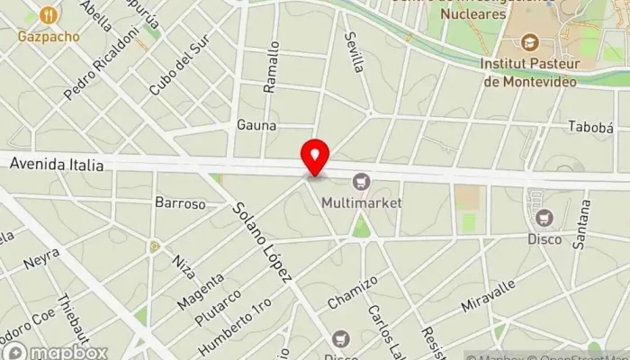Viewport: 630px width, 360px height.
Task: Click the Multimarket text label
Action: coord(362,202)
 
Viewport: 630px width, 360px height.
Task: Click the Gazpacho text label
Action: coord(49,37)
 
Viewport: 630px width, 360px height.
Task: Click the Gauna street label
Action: coord(256,125)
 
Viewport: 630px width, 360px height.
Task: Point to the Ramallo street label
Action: coord(272,67)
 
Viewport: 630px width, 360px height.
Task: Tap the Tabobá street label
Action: coord(590,127)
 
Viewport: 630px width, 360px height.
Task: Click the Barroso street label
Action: coord(180,203)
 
